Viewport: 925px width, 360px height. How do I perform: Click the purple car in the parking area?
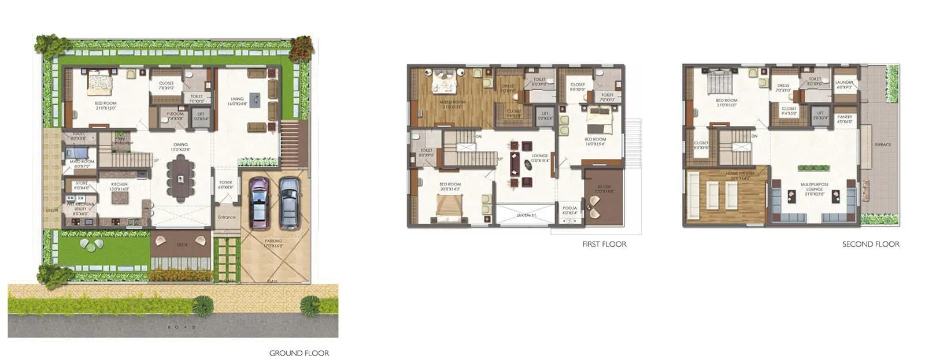259,202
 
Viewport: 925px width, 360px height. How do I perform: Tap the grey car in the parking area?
289,203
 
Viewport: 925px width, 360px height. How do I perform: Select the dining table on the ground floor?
182,179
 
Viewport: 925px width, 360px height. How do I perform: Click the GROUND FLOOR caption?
299,353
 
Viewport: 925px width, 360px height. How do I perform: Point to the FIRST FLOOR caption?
604,244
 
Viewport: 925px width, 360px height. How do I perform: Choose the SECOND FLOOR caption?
871,244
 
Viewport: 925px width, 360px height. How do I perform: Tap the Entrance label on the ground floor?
227,217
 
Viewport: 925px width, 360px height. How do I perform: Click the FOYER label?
225,183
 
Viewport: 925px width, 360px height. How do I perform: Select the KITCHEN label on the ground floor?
119,184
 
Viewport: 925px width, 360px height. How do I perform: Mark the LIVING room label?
237,99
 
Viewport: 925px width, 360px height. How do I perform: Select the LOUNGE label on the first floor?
539,156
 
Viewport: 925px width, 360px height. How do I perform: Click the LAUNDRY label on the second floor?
844,83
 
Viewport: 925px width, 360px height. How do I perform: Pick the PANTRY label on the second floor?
844,117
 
